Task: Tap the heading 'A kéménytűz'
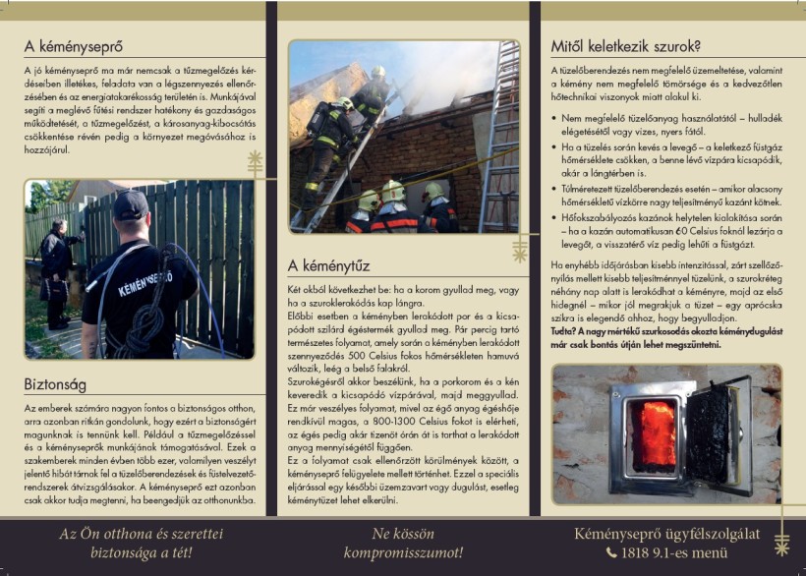tap(329, 264)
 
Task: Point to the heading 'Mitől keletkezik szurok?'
tap(625, 45)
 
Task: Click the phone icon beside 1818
tap(610, 552)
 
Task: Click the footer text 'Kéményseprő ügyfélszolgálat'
tap(666, 534)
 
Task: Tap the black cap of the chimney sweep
tap(130, 205)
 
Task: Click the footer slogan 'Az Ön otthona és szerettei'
tap(142, 534)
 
